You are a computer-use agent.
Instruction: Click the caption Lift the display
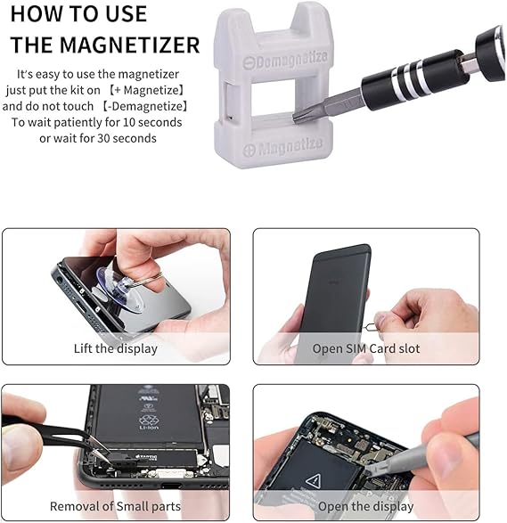coord(115,348)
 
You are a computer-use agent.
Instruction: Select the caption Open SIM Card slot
coord(365,348)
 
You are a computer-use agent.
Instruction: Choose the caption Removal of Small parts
coord(115,506)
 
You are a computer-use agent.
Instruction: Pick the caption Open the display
coord(365,506)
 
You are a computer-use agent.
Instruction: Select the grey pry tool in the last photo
coord(446,450)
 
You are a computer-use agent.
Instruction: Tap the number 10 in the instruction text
coord(140,122)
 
